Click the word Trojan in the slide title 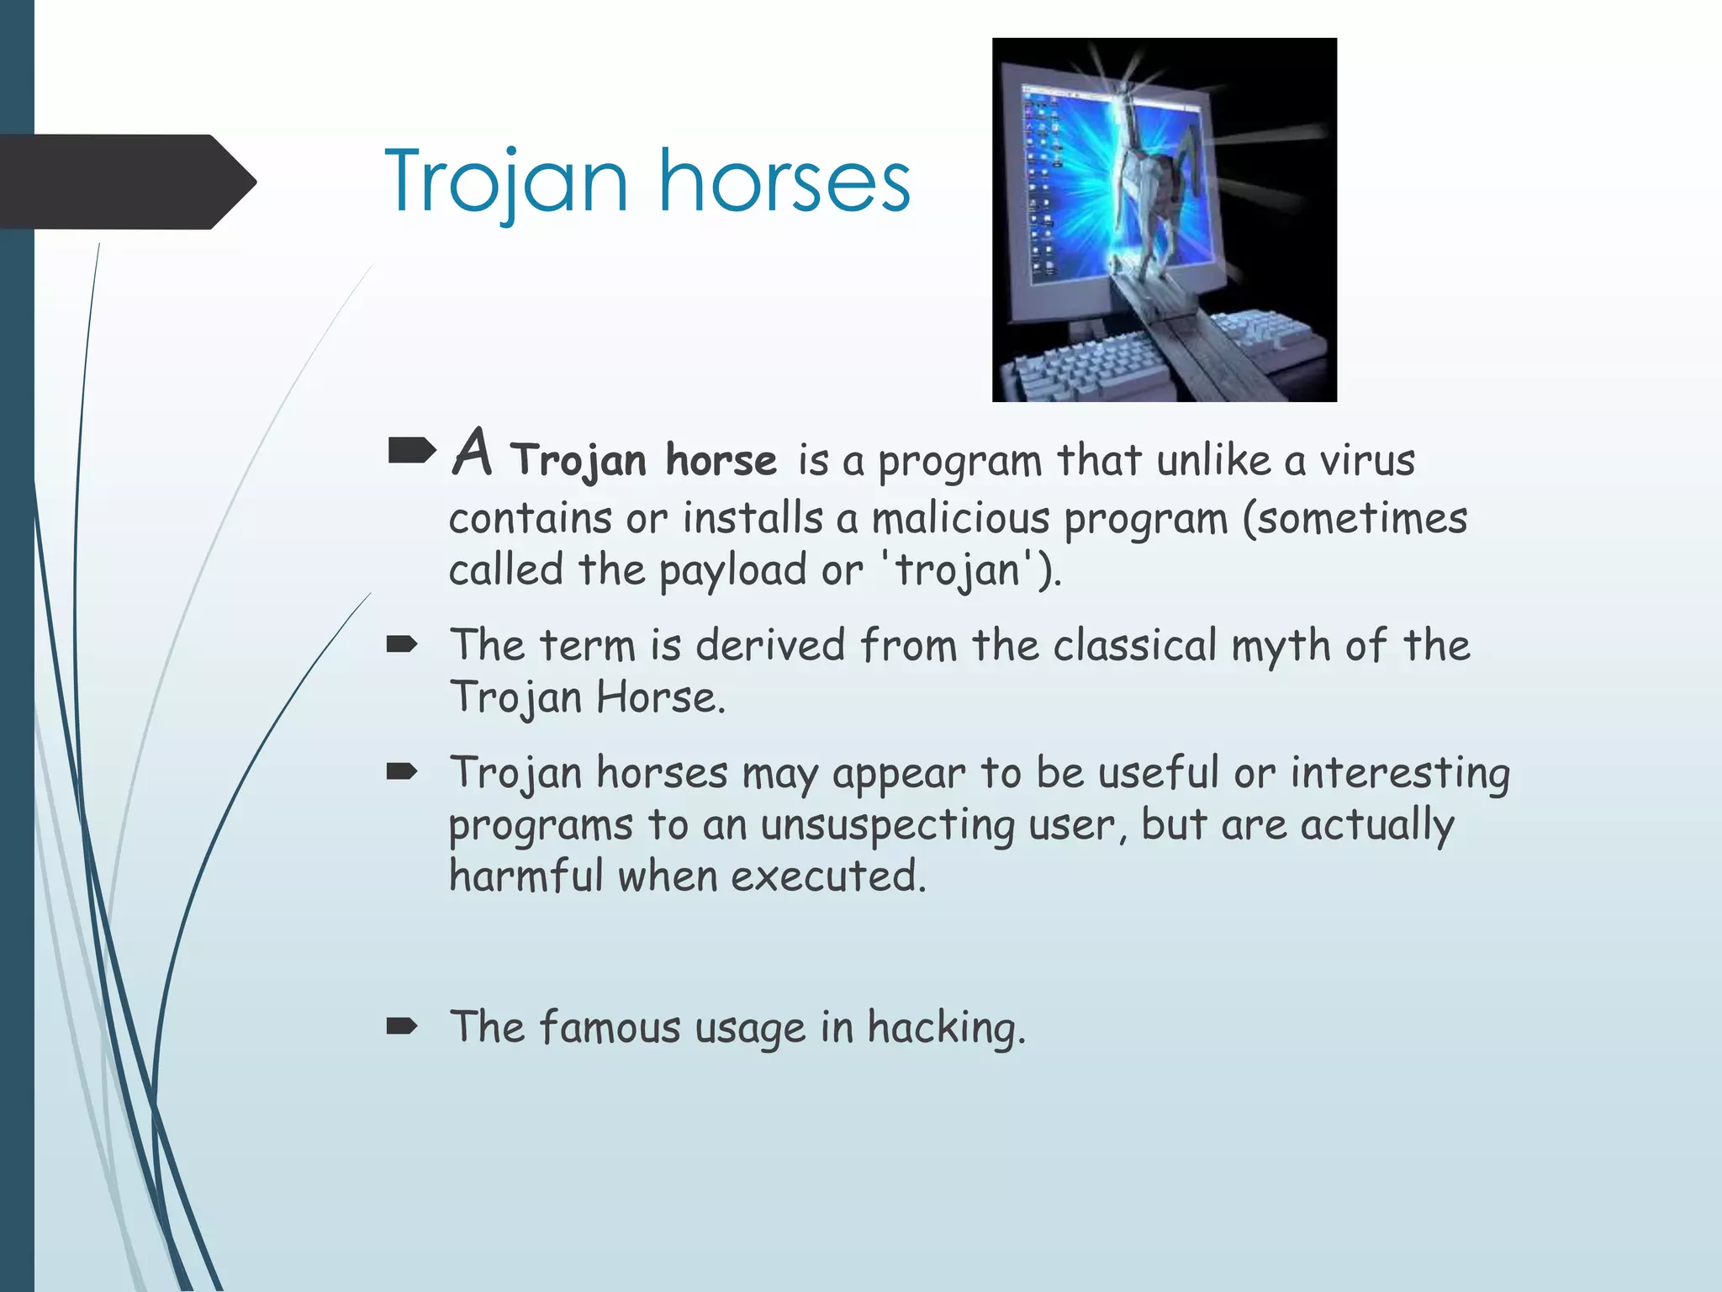[506, 181]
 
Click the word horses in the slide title [784, 181]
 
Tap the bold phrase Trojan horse [644, 460]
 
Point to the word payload [733, 571]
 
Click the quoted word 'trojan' [957, 571]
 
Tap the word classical [1134, 645]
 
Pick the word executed [827, 876]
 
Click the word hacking [946, 1028]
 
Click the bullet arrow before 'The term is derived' [402, 645]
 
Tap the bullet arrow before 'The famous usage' [402, 1025]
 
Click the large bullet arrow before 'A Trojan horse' [412, 452]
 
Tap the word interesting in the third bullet [1400, 773]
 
